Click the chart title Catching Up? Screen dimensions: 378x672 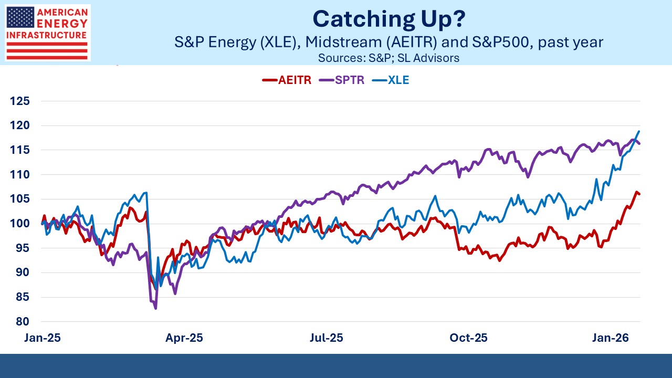click(x=388, y=19)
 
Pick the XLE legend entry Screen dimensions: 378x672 click(x=391, y=80)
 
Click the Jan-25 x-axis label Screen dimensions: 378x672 click(x=43, y=338)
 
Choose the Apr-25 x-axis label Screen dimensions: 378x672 click(x=184, y=338)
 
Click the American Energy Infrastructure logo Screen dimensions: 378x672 click(x=48, y=33)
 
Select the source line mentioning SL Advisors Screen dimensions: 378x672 click(x=388, y=58)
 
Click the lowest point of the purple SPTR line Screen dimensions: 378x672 click(x=156, y=309)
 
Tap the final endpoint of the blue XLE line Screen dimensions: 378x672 click(x=639, y=131)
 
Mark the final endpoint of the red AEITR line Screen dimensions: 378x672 click(x=639, y=194)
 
